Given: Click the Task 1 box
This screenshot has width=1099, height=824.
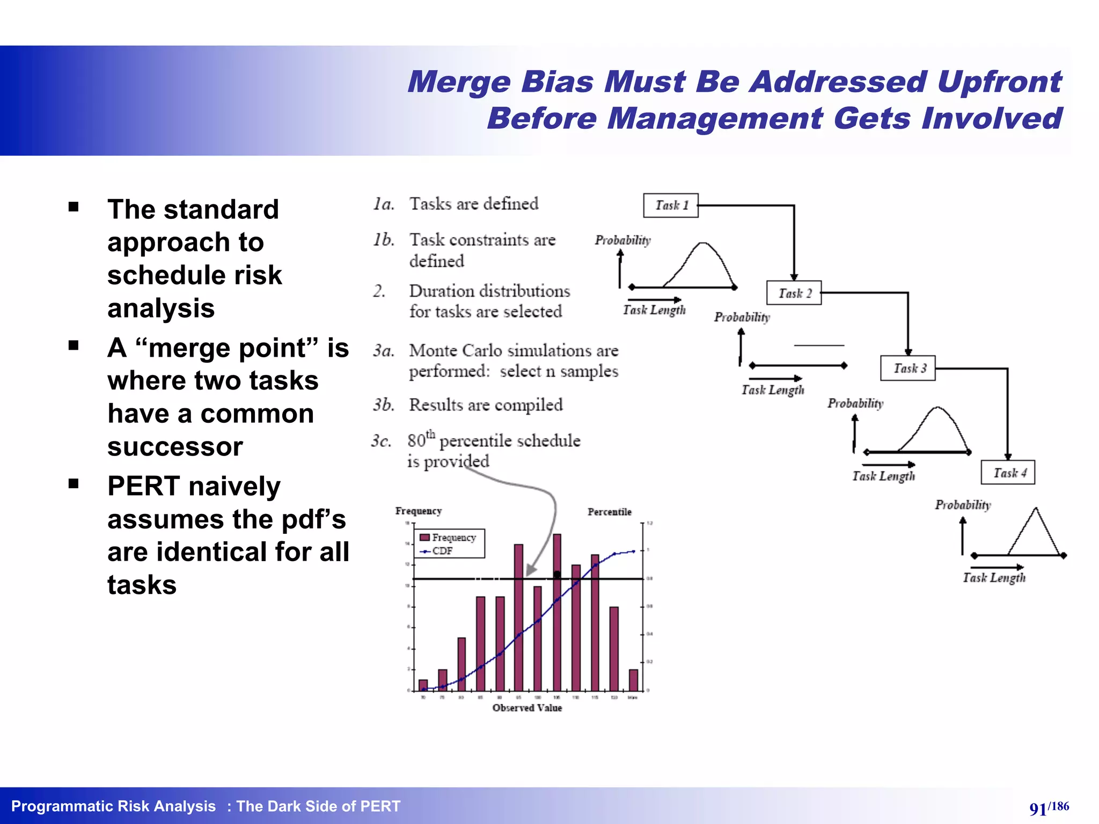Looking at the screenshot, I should coord(671,205).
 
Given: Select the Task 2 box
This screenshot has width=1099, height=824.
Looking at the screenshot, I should coord(794,293).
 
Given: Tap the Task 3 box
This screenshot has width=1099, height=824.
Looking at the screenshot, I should coord(908,368).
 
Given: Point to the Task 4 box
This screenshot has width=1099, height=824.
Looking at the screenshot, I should coord(1008,473).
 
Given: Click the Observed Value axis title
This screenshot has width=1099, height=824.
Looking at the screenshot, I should coord(527,708).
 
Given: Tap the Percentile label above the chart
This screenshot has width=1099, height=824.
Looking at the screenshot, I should coord(609,512).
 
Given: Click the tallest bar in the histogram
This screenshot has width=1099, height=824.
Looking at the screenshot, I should coord(557,612).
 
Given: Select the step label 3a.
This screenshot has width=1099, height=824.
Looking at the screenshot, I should coord(384,351).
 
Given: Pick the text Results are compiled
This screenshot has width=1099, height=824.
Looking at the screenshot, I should coord(486,405).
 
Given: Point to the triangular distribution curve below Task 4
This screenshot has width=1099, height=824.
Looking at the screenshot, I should coord(1035,531).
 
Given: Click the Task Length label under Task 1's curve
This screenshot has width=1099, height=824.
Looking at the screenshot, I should coord(654,310).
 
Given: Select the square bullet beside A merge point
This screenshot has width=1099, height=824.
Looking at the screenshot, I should coord(74,345).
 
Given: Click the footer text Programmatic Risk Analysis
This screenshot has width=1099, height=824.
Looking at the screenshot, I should coord(113,806).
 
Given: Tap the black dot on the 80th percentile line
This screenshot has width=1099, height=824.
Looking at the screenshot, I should coord(557,575).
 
